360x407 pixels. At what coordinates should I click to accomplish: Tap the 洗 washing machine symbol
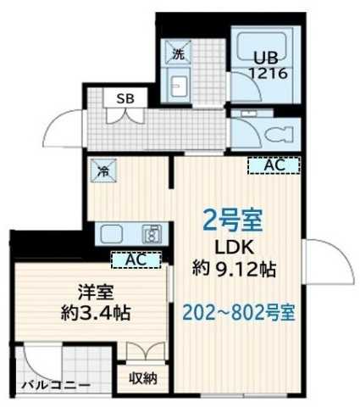click(x=179, y=53)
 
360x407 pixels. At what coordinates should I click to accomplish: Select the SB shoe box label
click(x=125, y=98)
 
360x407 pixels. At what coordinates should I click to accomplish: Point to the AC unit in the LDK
click(x=273, y=166)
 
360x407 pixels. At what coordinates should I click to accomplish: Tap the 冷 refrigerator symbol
click(x=101, y=170)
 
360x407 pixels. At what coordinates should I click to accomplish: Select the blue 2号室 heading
click(x=230, y=222)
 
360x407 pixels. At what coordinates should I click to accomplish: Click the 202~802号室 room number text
click(x=239, y=312)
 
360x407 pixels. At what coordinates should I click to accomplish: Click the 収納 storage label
click(x=142, y=377)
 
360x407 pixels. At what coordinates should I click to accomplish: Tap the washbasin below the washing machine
click(x=179, y=84)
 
